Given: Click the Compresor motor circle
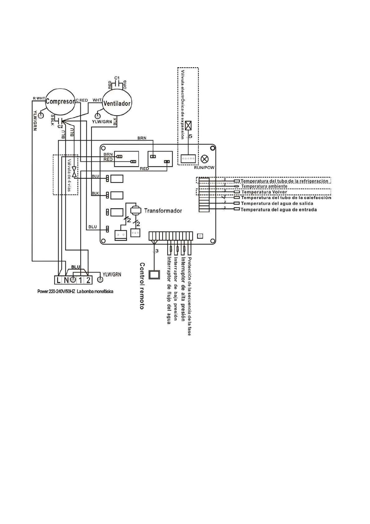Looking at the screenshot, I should (60, 101).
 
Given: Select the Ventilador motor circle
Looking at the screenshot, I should (117, 103).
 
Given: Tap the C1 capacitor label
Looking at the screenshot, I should (117, 78).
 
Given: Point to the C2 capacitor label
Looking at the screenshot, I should (60, 127).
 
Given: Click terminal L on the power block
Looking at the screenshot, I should (58, 280).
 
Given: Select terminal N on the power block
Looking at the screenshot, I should (66, 280).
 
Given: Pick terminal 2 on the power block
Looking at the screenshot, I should (88, 280).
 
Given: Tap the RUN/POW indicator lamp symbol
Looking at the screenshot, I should (205, 159).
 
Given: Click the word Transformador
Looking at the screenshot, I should (163, 211).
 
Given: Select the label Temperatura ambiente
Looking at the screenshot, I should (264, 186).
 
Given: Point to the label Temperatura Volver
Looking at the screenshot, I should (264, 192).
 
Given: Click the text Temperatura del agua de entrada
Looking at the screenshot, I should (279, 210).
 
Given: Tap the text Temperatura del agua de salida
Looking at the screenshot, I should (277, 204).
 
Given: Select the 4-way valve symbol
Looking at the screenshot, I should (74, 172).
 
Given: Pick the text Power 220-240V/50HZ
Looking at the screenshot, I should (56, 292).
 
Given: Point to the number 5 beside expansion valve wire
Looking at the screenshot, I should (191, 136).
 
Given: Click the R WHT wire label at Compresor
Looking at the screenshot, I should (39, 98).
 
